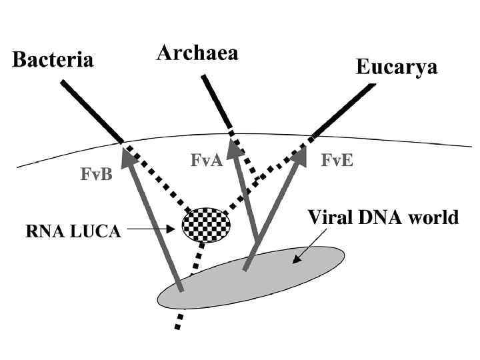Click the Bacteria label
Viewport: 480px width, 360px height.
point(53,60)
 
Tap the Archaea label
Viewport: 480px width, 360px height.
point(197,53)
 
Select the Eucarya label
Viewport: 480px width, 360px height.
point(396,67)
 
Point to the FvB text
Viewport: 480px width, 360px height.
point(96,174)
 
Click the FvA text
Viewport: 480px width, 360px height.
point(206,160)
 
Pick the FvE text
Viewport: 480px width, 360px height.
point(337,160)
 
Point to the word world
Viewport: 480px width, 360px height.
point(434,217)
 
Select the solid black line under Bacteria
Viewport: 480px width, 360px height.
point(91,111)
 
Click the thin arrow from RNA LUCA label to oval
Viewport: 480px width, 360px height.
point(153,230)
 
